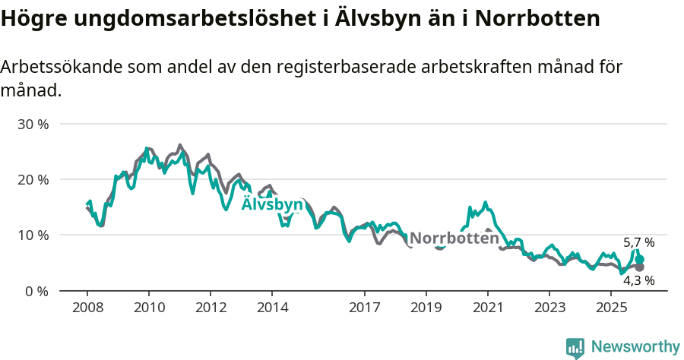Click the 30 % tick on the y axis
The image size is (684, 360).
pos(33,124)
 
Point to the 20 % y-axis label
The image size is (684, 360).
pos(33,179)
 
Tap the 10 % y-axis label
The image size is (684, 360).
pos(33,235)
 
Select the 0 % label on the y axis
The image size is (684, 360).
pos(37,291)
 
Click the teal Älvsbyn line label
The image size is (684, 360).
pos(272,205)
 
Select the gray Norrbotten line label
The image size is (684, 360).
pos(454,238)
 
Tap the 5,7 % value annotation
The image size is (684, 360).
pos(638,243)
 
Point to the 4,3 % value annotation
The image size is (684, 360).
pos(638,280)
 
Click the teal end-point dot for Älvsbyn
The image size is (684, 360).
pos(640,260)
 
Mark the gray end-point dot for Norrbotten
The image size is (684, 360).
pos(640,267)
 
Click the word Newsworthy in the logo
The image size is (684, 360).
pos(635,347)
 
